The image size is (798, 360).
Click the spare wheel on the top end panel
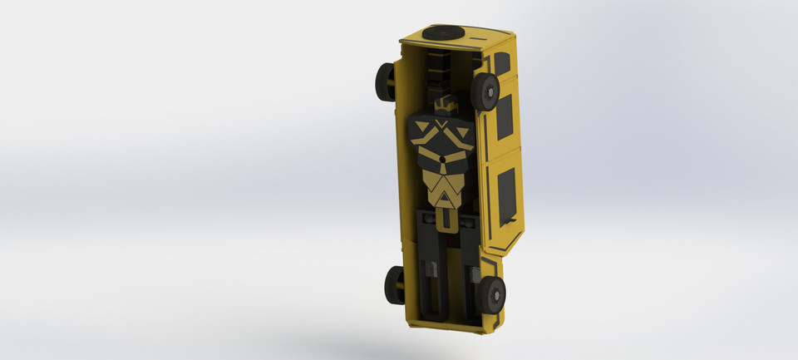click(x=443, y=33)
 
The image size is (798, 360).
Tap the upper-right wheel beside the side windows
click(x=485, y=91)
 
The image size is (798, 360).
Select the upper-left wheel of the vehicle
click(x=385, y=82)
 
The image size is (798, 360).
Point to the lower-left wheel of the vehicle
click(x=393, y=285)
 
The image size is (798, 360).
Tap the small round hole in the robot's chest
click(x=444, y=157)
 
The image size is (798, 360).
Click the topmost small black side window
click(x=502, y=63)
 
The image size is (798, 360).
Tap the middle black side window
click(x=505, y=116)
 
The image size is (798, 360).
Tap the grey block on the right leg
click(x=471, y=271)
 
